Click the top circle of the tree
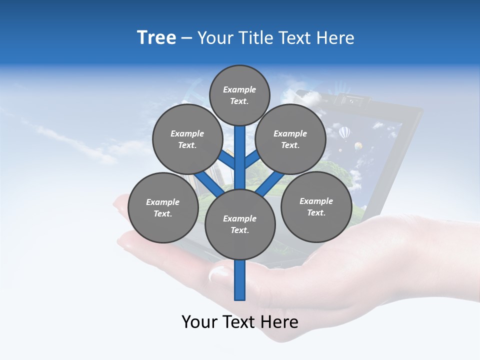[239, 95]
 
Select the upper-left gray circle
[187, 139]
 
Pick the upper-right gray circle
[290, 139]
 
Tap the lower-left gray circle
[162, 207]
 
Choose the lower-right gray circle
[316, 206]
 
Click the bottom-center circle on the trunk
[239, 224]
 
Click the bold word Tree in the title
[156, 38]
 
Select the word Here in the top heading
[335, 38]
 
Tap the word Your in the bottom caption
[199, 322]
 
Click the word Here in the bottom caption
[279, 322]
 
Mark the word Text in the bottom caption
[239, 322]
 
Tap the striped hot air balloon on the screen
[344, 133]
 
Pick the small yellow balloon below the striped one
[358, 146]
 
